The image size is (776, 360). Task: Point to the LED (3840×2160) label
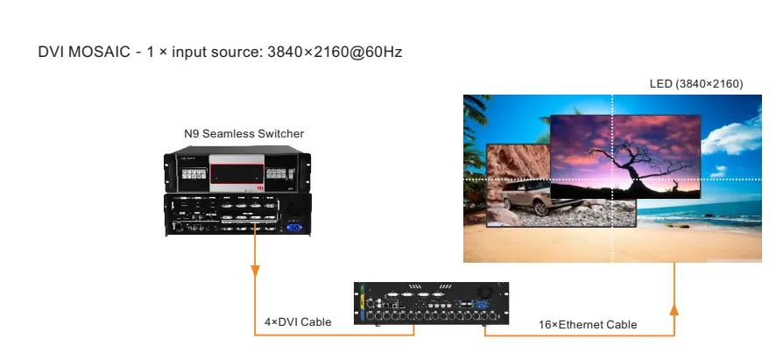(695, 83)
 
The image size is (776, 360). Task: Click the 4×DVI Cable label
(298, 322)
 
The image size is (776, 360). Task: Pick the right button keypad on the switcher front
(279, 172)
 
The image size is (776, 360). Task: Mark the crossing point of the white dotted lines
(612, 180)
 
